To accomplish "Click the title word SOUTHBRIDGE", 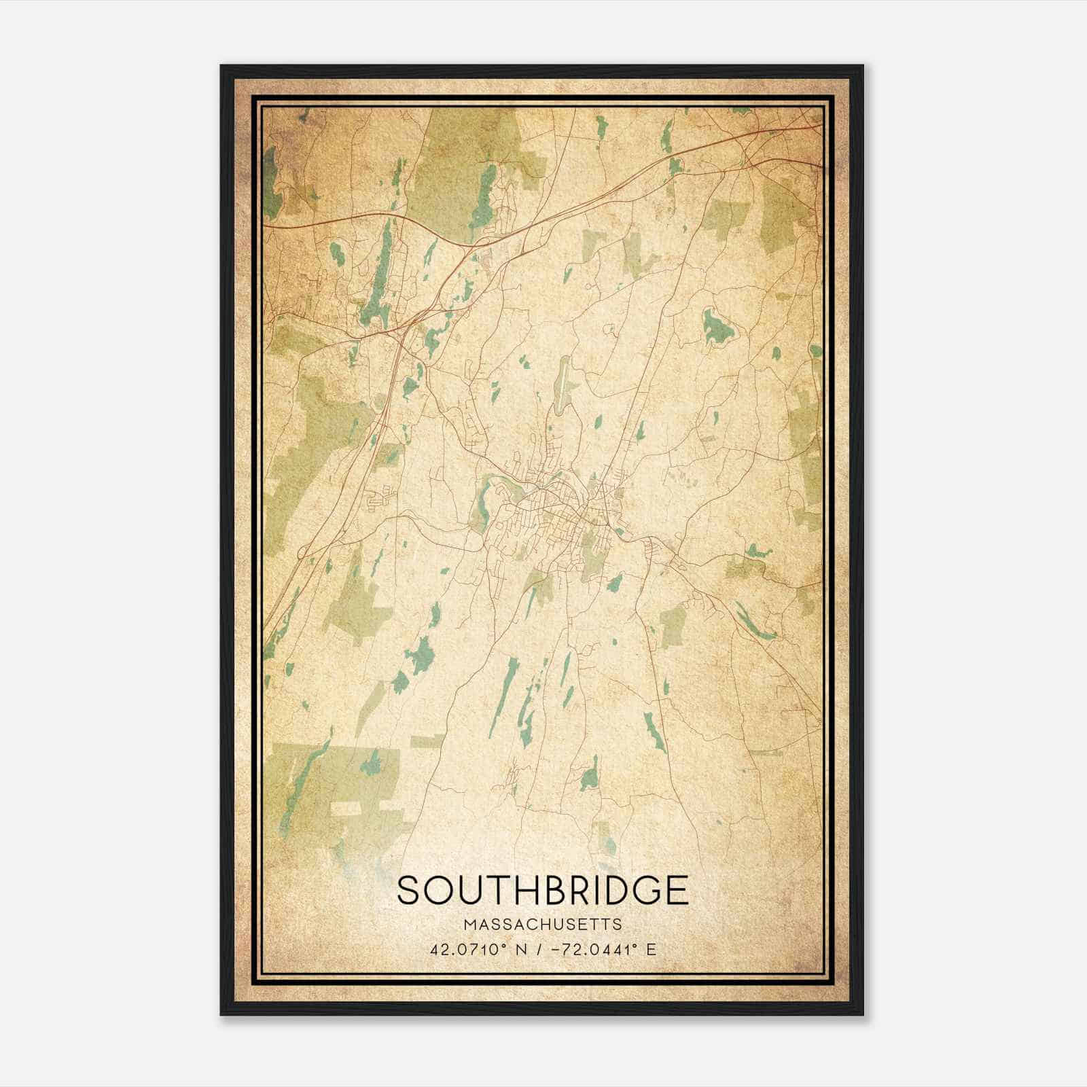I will coord(543,891).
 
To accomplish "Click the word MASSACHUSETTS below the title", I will coord(543,924).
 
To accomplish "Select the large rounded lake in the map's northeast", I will coord(717,325).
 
